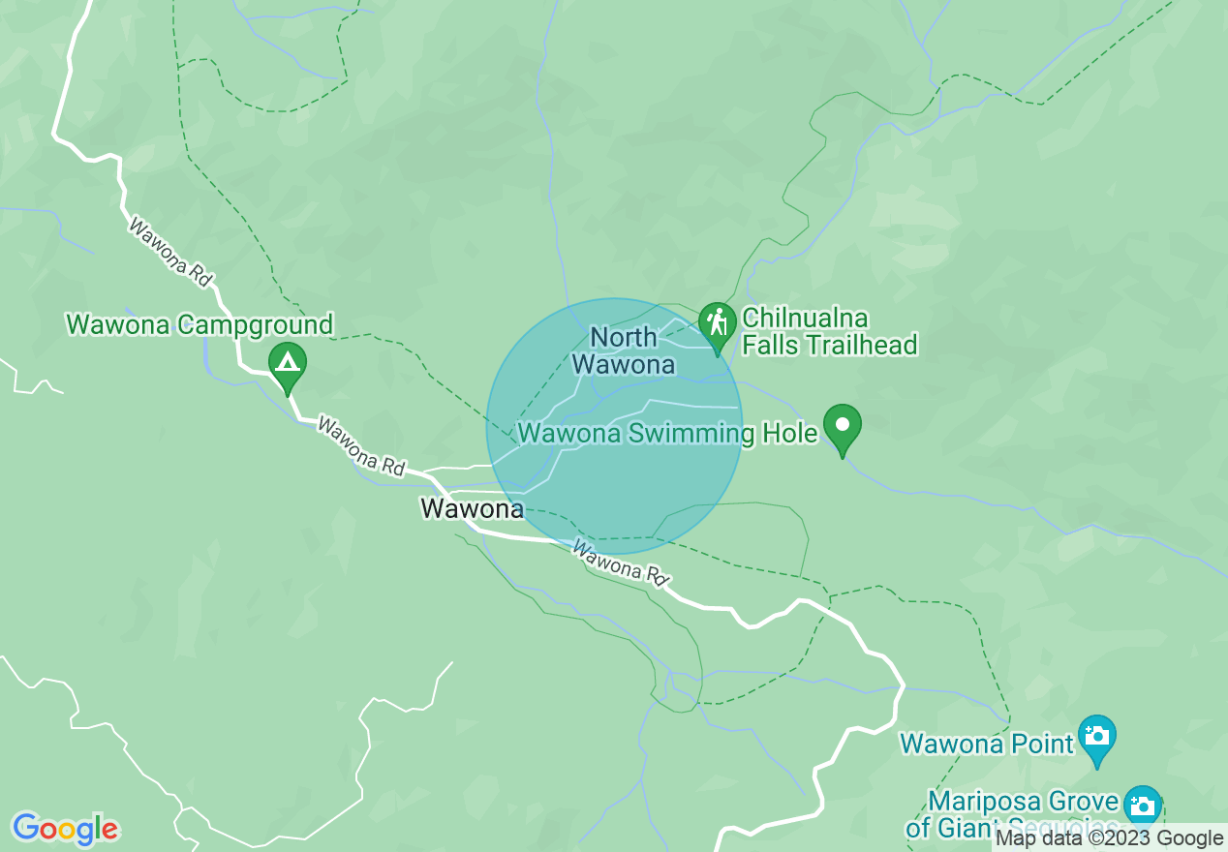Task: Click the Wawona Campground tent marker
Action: [287, 365]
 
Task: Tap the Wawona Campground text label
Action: [200, 324]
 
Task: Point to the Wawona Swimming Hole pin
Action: [843, 426]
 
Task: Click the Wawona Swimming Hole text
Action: [668, 433]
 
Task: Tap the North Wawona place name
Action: [624, 350]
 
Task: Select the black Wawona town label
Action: [472, 507]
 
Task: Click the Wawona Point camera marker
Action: [1097, 736]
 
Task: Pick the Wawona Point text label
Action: [987, 744]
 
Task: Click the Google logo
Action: [64, 829]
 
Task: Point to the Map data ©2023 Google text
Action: [1110, 838]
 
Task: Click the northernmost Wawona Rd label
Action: [170, 253]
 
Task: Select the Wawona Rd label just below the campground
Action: [360, 446]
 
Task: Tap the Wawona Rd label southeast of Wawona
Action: [621, 563]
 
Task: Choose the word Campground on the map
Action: [255, 324]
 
